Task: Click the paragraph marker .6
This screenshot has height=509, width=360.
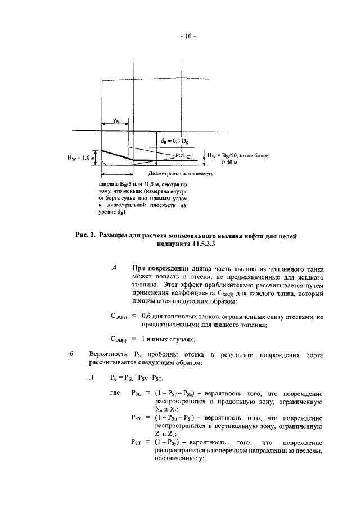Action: click(71, 354)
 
